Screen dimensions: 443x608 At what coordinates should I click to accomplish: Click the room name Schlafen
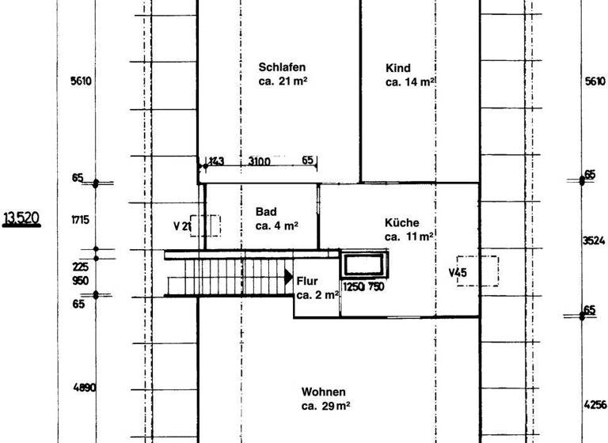(x=281, y=67)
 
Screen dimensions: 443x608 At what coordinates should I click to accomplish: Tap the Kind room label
(x=398, y=68)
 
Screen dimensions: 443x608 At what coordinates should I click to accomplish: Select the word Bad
(x=265, y=212)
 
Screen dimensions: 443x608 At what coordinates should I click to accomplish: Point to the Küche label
(x=402, y=223)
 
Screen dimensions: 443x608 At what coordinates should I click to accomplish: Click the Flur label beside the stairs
(x=308, y=281)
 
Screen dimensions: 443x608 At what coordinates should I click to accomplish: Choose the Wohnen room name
(x=323, y=392)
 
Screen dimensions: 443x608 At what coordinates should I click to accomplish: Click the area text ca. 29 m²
(x=325, y=407)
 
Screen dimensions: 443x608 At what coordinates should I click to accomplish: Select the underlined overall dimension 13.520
(x=22, y=218)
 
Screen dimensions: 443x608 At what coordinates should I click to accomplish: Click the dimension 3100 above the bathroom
(x=260, y=161)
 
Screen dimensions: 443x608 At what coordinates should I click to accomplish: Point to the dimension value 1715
(x=81, y=219)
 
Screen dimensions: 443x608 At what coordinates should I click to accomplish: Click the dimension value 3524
(x=594, y=240)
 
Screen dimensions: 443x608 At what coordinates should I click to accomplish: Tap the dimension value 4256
(x=595, y=404)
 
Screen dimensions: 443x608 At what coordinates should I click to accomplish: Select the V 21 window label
(x=183, y=226)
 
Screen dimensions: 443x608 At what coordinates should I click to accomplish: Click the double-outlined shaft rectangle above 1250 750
(x=365, y=264)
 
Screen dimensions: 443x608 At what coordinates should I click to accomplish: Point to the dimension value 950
(x=81, y=281)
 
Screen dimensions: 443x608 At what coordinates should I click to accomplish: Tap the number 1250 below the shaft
(x=353, y=287)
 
